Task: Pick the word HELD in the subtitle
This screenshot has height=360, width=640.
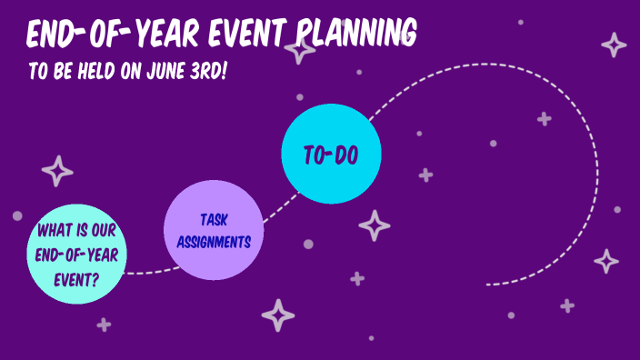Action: click(87, 71)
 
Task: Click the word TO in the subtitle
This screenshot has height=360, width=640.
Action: click(37, 71)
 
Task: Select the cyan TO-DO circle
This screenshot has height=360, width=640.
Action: click(330, 154)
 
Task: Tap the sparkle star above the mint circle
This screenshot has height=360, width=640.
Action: click(58, 171)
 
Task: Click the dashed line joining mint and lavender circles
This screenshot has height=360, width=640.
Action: click(144, 271)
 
